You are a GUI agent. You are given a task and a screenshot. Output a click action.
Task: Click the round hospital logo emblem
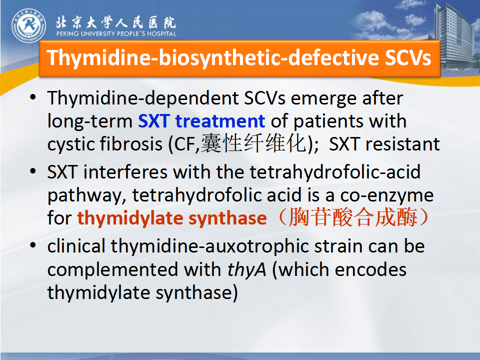(x=29, y=25)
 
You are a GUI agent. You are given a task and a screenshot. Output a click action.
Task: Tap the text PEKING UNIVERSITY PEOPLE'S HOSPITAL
(x=116, y=33)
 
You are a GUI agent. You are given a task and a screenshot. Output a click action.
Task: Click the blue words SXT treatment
(x=201, y=121)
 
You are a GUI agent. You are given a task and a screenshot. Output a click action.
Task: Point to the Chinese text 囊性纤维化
(x=253, y=143)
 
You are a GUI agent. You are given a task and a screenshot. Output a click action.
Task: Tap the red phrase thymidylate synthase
(x=172, y=218)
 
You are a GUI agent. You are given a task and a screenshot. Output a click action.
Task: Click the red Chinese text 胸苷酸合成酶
(x=353, y=217)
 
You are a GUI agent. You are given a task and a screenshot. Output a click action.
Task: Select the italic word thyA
(x=246, y=270)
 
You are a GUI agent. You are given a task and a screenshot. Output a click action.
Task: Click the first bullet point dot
(x=33, y=97)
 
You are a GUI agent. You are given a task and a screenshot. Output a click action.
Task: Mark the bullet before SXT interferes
(x=33, y=171)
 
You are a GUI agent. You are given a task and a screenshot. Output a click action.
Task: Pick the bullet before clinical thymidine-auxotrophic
(x=33, y=245)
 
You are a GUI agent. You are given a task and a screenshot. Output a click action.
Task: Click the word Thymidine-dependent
(x=166, y=98)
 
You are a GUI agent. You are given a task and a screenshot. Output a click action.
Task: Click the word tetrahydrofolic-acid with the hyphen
(x=335, y=172)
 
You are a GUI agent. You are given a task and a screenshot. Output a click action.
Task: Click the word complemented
(x=112, y=270)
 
